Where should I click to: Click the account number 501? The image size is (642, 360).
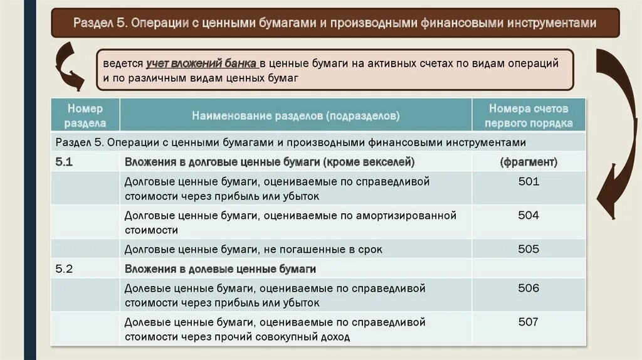tap(529, 181)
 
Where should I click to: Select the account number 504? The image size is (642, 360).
tap(529, 215)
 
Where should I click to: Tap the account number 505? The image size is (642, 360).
tap(529, 249)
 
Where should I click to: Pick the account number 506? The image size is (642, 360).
tap(529, 288)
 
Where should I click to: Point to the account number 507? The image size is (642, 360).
tap(529, 322)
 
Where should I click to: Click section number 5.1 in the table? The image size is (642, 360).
tap(65, 162)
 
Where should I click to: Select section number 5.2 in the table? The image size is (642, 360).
tap(65, 269)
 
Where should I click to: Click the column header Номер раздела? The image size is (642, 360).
tap(85, 116)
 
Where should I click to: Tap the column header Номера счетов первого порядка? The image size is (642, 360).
tap(529, 116)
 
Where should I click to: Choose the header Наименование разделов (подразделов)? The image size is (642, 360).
tap(296, 116)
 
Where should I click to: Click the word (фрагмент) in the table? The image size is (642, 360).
tap(529, 162)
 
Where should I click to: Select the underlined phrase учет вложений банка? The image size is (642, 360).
tap(201, 64)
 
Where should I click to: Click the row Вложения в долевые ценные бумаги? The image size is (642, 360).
tap(220, 269)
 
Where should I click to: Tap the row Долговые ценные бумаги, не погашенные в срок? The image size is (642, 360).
tap(253, 249)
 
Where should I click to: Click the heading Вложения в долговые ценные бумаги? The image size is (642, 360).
tap(270, 162)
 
